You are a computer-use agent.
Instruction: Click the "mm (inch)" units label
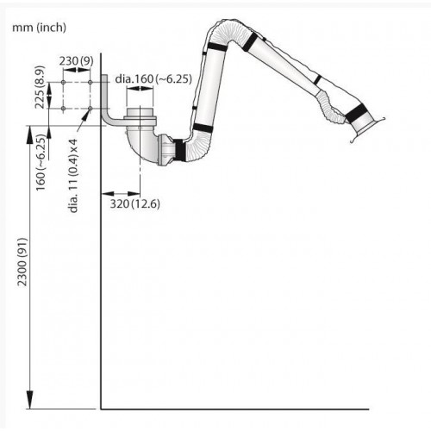39,28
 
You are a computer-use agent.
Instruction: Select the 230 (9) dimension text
76,61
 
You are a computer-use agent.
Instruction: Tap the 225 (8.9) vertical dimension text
41,87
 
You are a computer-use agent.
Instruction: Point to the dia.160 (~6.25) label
153,78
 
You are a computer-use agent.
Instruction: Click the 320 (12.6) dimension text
135,203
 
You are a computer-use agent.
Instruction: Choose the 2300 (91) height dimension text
22,262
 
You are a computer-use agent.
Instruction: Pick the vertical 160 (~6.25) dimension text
41,163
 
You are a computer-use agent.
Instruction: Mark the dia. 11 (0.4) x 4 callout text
73,176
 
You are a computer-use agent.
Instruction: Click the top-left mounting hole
64,83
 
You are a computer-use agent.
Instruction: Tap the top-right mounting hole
91,83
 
